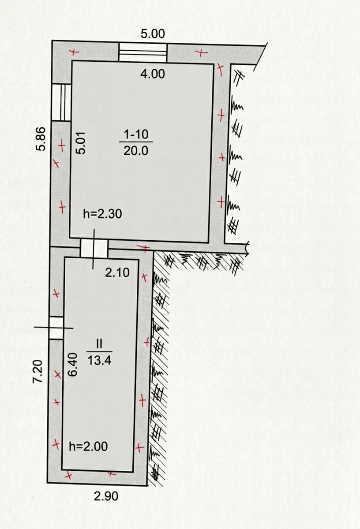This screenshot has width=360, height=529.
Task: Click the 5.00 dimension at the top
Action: coord(153,34)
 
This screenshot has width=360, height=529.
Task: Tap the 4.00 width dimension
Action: coord(153,74)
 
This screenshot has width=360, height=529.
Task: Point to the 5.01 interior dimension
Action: coord(81,143)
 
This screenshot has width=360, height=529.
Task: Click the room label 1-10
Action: coord(136,134)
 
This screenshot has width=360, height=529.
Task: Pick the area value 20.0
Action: coord(136,150)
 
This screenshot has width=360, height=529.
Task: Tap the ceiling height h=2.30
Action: coord(103,214)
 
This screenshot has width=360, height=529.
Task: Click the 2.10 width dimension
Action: coord(117,273)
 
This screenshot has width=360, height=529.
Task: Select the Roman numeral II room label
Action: coord(99,344)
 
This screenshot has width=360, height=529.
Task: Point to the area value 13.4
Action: coord(99,361)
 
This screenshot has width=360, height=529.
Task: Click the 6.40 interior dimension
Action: coord(72,365)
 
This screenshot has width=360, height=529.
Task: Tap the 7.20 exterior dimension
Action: coord(37,371)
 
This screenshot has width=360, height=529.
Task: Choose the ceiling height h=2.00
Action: coord(88,447)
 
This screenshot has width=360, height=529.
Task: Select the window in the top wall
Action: coord(142,52)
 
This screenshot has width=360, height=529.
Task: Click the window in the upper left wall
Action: coord(61,103)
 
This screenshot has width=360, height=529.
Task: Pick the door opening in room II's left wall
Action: coord(56,328)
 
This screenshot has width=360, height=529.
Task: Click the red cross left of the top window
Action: coord(75,52)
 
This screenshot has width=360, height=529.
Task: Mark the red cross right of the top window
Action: coord(201,52)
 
